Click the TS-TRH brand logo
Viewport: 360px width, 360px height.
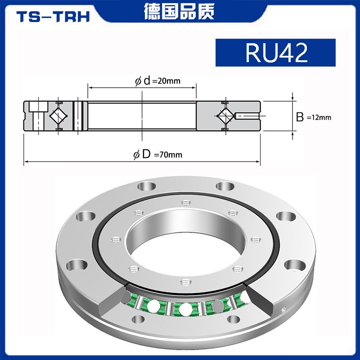coord(53,16)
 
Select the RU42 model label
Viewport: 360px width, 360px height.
coord(276,53)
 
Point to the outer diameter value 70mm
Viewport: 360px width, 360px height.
coord(168,155)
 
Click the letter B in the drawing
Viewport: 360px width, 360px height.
coord(300,117)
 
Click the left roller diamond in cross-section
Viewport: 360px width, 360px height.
coord(58,116)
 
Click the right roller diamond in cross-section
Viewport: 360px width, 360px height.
coord(225,116)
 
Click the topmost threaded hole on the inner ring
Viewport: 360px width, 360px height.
coord(184,202)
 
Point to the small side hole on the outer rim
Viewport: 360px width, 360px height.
coord(283,309)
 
